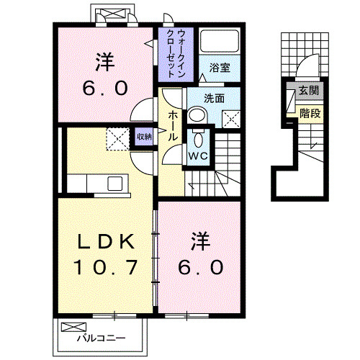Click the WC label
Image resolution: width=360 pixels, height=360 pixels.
coord(198,155)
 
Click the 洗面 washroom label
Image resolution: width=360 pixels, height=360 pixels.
coord(215,97)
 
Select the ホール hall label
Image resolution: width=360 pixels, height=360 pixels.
coord(173,126)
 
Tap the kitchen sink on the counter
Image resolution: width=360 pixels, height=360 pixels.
coord(115,184)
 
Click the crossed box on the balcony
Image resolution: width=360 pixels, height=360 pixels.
coord(73,328)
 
